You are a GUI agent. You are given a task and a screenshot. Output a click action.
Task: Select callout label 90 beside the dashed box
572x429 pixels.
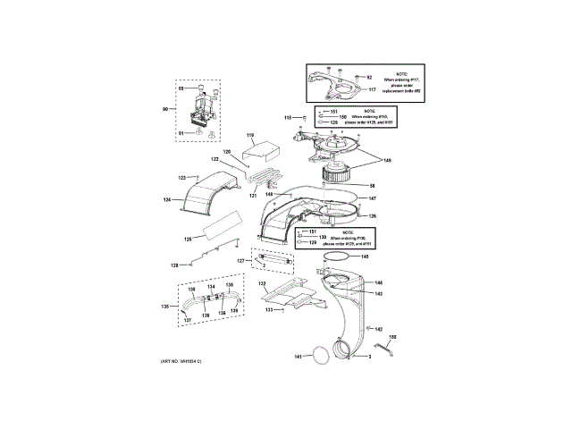point(164,109)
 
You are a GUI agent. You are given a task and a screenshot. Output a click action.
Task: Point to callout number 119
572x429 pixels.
point(251,135)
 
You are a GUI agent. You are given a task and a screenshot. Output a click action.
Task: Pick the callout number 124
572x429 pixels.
point(166,200)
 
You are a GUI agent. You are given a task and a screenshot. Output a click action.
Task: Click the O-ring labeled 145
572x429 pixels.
point(333,257)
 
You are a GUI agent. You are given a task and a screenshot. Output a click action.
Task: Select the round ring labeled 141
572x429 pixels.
point(316,357)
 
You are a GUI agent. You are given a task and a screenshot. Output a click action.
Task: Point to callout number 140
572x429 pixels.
point(387,161)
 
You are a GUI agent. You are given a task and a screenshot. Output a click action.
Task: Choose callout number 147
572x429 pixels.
point(373,198)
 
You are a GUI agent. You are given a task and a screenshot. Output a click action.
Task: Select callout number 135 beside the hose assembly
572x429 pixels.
point(164,306)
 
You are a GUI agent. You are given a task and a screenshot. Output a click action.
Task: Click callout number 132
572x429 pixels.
point(263,283)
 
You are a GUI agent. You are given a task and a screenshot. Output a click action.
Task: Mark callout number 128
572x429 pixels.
point(175,265)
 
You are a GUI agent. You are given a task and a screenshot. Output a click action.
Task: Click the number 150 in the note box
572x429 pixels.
point(342,115)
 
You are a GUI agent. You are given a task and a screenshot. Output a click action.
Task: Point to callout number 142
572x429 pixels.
point(379,329)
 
